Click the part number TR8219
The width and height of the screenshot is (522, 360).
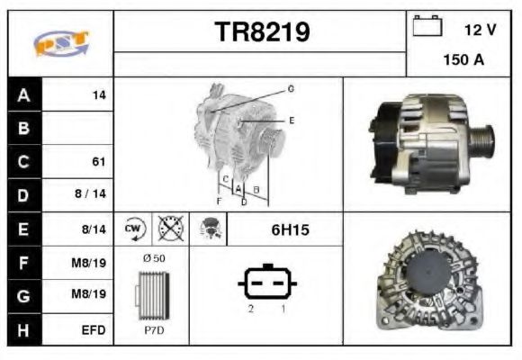(x=262, y=32)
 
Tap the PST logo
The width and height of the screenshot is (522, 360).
(x=61, y=43)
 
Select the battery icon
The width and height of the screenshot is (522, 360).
(x=427, y=25)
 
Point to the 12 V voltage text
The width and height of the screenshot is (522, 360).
(x=480, y=30)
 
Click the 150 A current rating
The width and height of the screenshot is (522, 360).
(x=463, y=60)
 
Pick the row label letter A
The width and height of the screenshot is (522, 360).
(x=23, y=95)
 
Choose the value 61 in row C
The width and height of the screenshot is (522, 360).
(x=99, y=162)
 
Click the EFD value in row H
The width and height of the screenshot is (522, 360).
(x=94, y=330)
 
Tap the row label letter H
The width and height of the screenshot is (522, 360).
(x=23, y=330)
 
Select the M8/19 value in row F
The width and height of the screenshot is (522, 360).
(x=89, y=263)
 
